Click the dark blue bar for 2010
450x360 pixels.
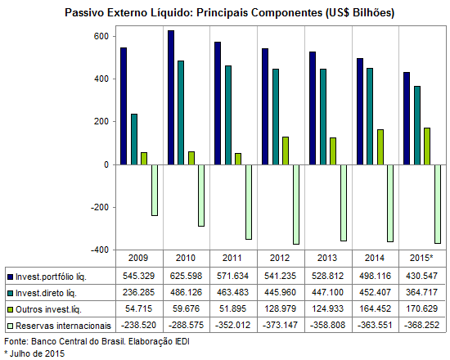click(171, 97)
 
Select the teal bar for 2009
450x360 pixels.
click(134, 139)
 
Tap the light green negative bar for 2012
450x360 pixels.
click(296, 205)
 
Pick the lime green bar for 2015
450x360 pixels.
click(427, 146)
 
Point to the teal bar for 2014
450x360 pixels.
click(370, 116)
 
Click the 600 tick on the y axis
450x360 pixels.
click(101, 37)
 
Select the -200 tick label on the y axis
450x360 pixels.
click(100, 207)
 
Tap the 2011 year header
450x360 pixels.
click(232, 258)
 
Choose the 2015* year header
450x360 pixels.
click(421, 258)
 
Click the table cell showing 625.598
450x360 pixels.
click(186, 276)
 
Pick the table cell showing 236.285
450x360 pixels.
click(138, 292)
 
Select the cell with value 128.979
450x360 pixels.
click(280, 308)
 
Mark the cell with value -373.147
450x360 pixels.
click(279, 325)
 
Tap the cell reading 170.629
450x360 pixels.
click(421, 308)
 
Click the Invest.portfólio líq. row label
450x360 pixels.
click(51, 277)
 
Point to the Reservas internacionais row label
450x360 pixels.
click(63, 326)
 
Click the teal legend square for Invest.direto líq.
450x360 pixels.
click(11, 294)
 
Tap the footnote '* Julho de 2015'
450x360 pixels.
click(34, 353)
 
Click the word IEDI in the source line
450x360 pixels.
click(182, 341)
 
